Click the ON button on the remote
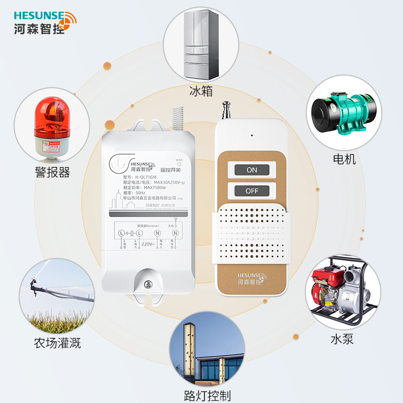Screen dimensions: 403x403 pyautogui.click(x=252, y=170)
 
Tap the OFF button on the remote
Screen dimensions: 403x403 pyautogui.click(x=252, y=191)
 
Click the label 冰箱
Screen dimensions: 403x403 pyautogui.click(x=201, y=91)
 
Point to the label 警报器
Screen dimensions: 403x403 pyautogui.click(x=52, y=172)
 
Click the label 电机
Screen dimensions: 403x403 pyautogui.click(x=345, y=159)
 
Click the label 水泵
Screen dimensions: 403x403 pyautogui.click(x=342, y=338)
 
